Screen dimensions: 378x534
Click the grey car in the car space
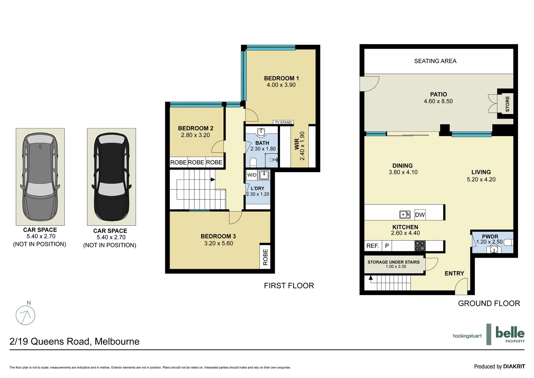[x=40, y=177]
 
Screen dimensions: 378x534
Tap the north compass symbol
[x=26, y=315]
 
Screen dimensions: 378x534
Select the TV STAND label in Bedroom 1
[x=283, y=122]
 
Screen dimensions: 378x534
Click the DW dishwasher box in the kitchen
[x=420, y=215]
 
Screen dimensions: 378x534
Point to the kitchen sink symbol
[x=405, y=215]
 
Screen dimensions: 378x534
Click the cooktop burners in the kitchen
[x=420, y=246]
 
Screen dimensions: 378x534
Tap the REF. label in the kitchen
[x=373, y=246]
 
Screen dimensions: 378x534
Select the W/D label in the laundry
[x=252, y=175]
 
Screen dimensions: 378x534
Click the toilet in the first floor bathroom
[x=253, y=162]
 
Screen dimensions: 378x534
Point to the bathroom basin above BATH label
[x=261, y=132]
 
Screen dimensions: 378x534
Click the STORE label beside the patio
[x=507, y=104]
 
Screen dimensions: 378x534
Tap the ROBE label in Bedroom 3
[x=265, y=257]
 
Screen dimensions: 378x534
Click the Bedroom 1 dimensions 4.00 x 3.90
[x=281, y=85]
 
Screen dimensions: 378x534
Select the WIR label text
[x=297, y=144]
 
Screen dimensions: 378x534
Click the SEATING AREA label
[x=435, y=61]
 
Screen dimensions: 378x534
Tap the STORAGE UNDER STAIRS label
[x=394, y=262]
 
